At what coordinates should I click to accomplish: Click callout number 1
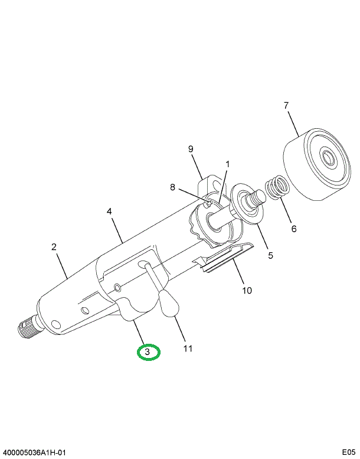228,164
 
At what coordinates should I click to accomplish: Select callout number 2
54,247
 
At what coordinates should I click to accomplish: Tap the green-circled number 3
149,353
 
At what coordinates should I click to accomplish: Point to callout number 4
110,210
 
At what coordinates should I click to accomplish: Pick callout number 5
271,256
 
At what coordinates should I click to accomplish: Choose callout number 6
293,229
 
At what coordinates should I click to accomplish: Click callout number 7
286,106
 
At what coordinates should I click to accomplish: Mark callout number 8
173,188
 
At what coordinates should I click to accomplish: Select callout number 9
191,149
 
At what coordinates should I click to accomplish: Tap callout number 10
247,290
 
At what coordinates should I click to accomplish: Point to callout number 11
188,349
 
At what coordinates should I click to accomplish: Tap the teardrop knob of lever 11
169,305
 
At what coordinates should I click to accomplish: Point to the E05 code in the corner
349,453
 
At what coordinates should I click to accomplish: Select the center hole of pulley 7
328,158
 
